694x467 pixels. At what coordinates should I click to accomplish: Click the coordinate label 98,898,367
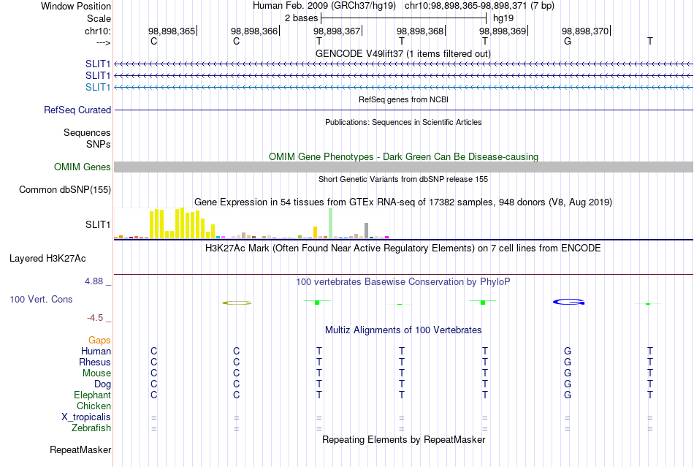(x=337, y=31)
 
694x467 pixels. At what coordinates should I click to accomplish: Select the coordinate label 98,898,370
(x=585, y=31)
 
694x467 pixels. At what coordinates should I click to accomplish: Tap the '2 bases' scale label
(x=301, y=18)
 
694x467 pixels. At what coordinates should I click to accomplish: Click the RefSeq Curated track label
(x=77, y=110)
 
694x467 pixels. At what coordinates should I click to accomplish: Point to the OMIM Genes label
(x=83, y=167)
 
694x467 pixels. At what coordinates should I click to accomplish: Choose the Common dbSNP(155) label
(x=65, y=189)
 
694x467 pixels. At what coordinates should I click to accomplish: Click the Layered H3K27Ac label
(x=47, y=259)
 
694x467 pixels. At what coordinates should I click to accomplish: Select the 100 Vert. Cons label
(x=41, y=299)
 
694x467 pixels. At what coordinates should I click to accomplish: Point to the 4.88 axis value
(x=94, y=281)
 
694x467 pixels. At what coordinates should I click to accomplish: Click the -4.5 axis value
(x=95, y=318)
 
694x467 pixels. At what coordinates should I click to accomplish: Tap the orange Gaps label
(x=99, y=340)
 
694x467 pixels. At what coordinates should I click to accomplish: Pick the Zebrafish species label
(x=91, y=428)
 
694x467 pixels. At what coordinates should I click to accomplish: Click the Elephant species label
(x=92, y=395)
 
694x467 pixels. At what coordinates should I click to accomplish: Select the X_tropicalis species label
(x=86, y=417)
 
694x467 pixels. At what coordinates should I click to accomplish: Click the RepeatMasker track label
(x=80, y=449)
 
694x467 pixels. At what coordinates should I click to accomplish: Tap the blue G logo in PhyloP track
(x=569, y=302)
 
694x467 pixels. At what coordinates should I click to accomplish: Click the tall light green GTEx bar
(x=331, y=224)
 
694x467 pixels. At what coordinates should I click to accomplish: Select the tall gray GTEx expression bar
(x=367, y=231)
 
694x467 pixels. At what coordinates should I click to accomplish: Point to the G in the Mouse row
(x=568, y=373)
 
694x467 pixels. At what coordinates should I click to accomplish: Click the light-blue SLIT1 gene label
(x=98, y=87)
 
